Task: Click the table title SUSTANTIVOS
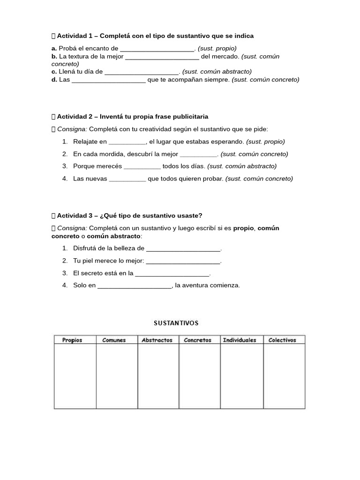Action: [176, 323]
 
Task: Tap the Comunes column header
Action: [114, 340]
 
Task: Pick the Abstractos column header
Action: [157, 340]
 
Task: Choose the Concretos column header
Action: [197, 340]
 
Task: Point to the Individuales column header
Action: [240, 340]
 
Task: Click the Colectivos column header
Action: [282, 340]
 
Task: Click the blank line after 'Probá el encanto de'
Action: [157, 49]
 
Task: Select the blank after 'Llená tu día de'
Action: [141, 72]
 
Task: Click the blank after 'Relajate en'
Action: [127, 142]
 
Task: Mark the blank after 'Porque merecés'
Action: [142, 166]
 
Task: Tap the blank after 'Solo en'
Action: [135, 285]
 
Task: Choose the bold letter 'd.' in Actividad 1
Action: [54, 80]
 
